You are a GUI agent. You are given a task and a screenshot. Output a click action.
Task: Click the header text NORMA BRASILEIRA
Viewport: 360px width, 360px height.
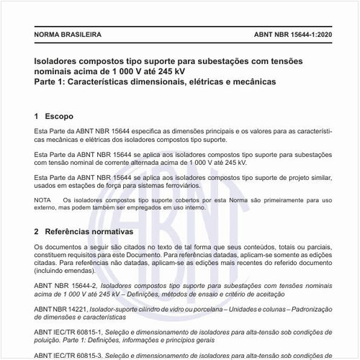point(68,34)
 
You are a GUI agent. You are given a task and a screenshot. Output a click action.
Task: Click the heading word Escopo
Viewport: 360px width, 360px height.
point(59,115)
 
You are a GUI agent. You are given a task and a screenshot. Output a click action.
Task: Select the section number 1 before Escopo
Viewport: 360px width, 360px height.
point(37,115)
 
